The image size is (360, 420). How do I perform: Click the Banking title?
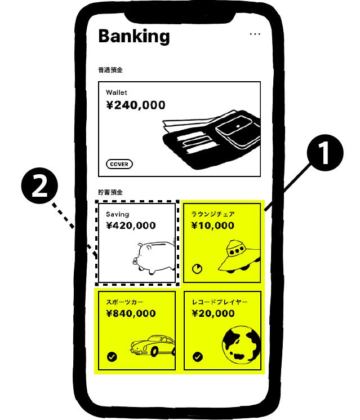click(134, 36)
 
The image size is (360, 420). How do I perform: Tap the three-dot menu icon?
click(255, 34)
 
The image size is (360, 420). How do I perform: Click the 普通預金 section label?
click(110, 70)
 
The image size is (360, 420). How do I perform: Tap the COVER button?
click(119, 165)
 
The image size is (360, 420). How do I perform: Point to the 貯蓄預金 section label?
click(110, 192)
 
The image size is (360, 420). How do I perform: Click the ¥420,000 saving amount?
click(131, 226)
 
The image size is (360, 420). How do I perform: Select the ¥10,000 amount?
click(212, 226)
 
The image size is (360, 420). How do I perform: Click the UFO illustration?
click(237, 256)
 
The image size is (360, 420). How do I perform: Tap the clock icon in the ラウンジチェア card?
click(197, 269)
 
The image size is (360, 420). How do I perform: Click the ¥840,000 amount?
click(131, 313)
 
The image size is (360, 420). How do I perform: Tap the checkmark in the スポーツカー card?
click(112, 357)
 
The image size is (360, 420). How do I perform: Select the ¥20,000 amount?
click(212, 313)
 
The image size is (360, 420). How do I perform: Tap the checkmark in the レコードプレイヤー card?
click(197, 357)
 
